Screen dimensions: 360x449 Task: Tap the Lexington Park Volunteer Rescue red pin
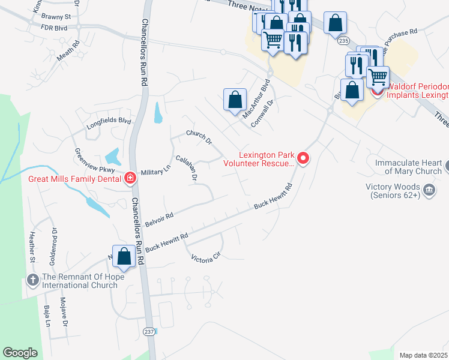(x=303, y=158)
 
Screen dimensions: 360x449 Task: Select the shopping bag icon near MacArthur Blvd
(x=236, y=99)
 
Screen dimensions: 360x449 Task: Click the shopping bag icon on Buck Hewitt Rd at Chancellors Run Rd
(x=124, y=256)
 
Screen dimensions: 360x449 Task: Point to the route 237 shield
(x=149, y=331)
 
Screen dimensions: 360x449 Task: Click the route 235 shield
(x=343, y=40)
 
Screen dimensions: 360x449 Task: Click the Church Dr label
(x=199, y=137)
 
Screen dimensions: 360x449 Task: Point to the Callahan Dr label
(x=186, y=168)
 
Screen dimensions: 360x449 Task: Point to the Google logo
(x=20, y=353)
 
